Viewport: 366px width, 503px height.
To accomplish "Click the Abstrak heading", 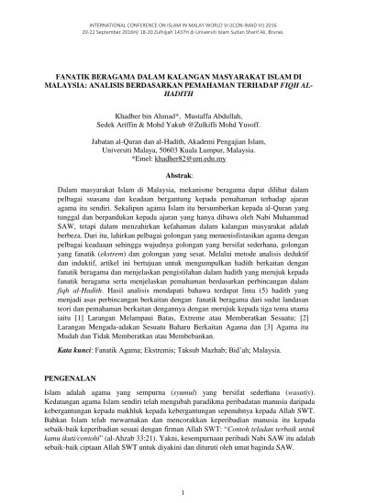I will point(183,174).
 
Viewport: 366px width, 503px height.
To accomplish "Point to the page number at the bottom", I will point(183,492).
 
